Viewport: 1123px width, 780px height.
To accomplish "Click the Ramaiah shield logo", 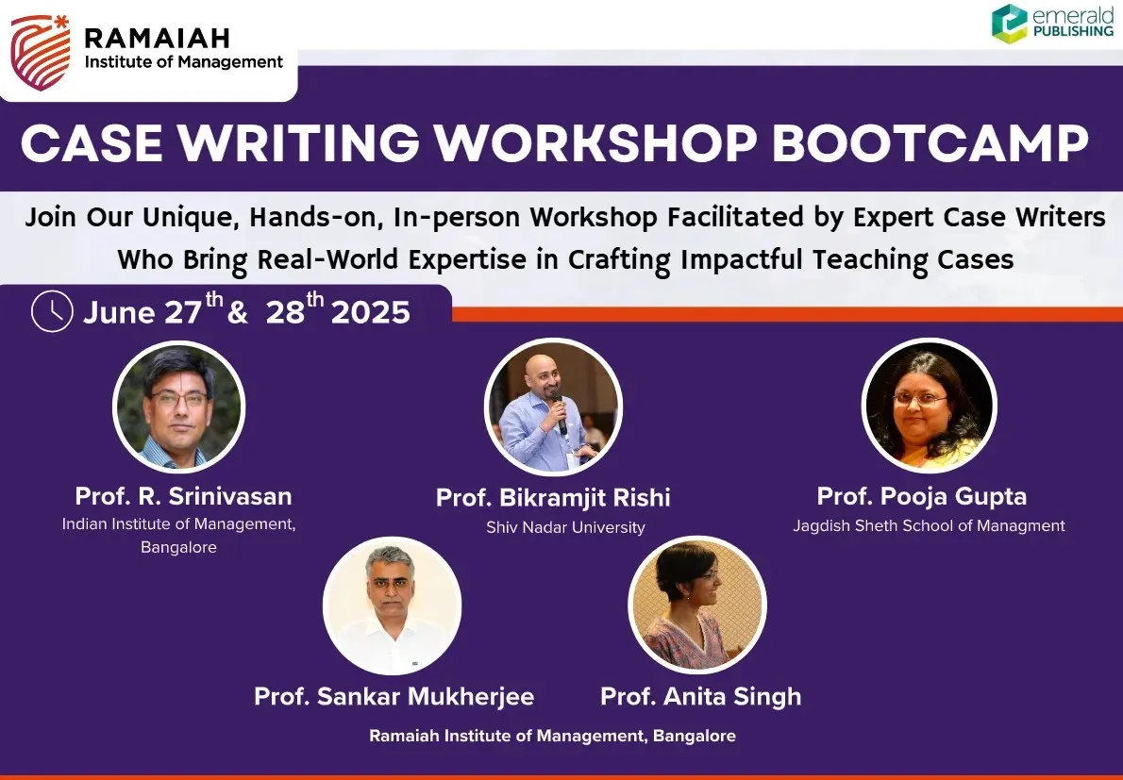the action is pyautogui.click(x=40, y=52).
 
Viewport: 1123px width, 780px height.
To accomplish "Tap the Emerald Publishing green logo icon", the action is pyautogui.click(x=1009, y=23).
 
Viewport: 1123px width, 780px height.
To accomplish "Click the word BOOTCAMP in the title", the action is pyautogui.click(x=930, y=144).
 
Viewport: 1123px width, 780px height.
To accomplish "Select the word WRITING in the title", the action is pyautogui.click(x=298, y=144).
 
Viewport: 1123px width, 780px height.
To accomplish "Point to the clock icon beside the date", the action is pyautogui.click(x=52, y=311).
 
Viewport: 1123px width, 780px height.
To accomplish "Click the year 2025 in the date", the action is pyautogui.click(x=370, y=313).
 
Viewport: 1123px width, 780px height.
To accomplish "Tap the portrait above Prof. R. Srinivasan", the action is pyautogui.click(x=179, y=407).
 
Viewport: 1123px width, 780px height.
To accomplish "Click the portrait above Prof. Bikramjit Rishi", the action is pyautogui.click(x=553, y=407).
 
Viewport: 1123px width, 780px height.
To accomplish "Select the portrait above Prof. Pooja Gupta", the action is pyautogui.click(x=929, y=406).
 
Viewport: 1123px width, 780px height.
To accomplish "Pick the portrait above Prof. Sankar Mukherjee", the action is pyautogui.click(x=392, y=606).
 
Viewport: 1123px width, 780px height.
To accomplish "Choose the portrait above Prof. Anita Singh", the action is pyautogui.click(x=697, y=605).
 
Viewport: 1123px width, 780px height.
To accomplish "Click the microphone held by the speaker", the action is pyautogui.click(x=560, y=414).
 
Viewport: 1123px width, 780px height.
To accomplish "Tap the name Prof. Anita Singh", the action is pyautogui.click(x=700, y=697).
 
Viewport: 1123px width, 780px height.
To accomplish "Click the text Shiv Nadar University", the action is pyautogui.click(x=566, y=527).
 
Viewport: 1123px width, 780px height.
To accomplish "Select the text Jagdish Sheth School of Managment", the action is pyautogui.click(x=929, y=526).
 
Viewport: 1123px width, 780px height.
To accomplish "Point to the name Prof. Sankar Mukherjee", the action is pyautogui.click(x=394, y=697).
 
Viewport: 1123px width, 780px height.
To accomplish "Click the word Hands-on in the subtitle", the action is pyautogui.click(x=313, y=218).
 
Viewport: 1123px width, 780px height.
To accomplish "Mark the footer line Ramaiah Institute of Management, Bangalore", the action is pyautogui.click(x=552, y=736).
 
